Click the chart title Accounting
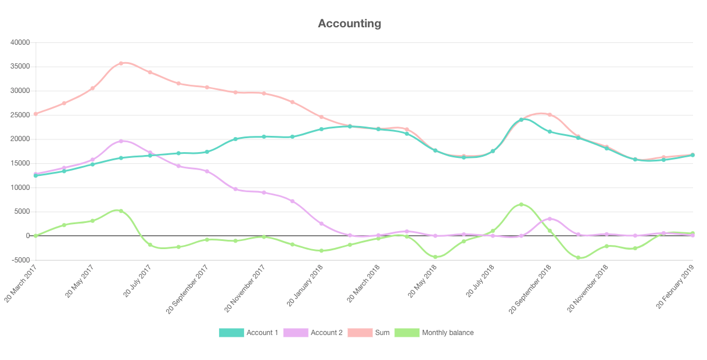[350, 24]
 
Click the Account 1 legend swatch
[231, 333]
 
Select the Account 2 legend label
[326, 333]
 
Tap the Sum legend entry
[382, 333]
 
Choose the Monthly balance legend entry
[447, 333]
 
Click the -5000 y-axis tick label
[20, 260]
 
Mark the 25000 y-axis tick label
[20, 115]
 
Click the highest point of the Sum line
[121, 63]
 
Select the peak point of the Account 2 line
[121, 141]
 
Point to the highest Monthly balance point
[521, 204]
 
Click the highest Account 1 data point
[521, 120]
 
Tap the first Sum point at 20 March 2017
[35, 114]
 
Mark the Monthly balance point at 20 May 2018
[435, 257]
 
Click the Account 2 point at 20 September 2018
[550, 219]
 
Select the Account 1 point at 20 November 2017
[264, 136]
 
